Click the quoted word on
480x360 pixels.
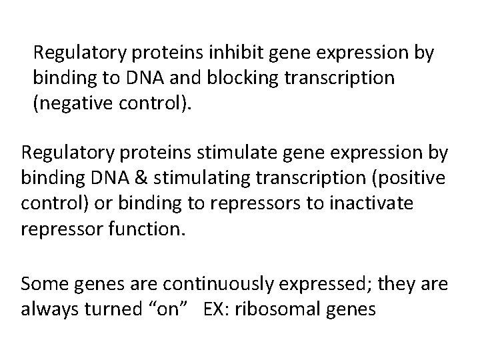(165, 309)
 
